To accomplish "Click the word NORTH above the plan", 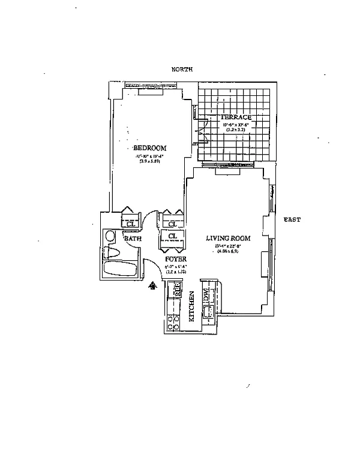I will pos(182,70).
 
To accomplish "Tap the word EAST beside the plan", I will pos(292,220).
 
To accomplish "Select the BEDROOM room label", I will pos(149,148).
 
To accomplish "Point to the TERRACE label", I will pos(235,117).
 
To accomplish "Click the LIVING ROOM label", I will pos(228,238).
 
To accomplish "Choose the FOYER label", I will pos(176,260).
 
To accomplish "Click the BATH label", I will pos(133,239).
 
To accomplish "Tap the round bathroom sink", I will pos(110,236).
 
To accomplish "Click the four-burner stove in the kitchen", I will pos(173,323).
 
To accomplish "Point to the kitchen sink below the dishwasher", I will pos(209,311).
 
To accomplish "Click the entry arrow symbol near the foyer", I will pos(154,286).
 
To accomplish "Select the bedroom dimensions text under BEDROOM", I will pos(149,158).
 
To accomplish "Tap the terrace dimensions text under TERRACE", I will pos(235,127).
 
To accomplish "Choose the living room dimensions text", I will pos(227,248).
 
